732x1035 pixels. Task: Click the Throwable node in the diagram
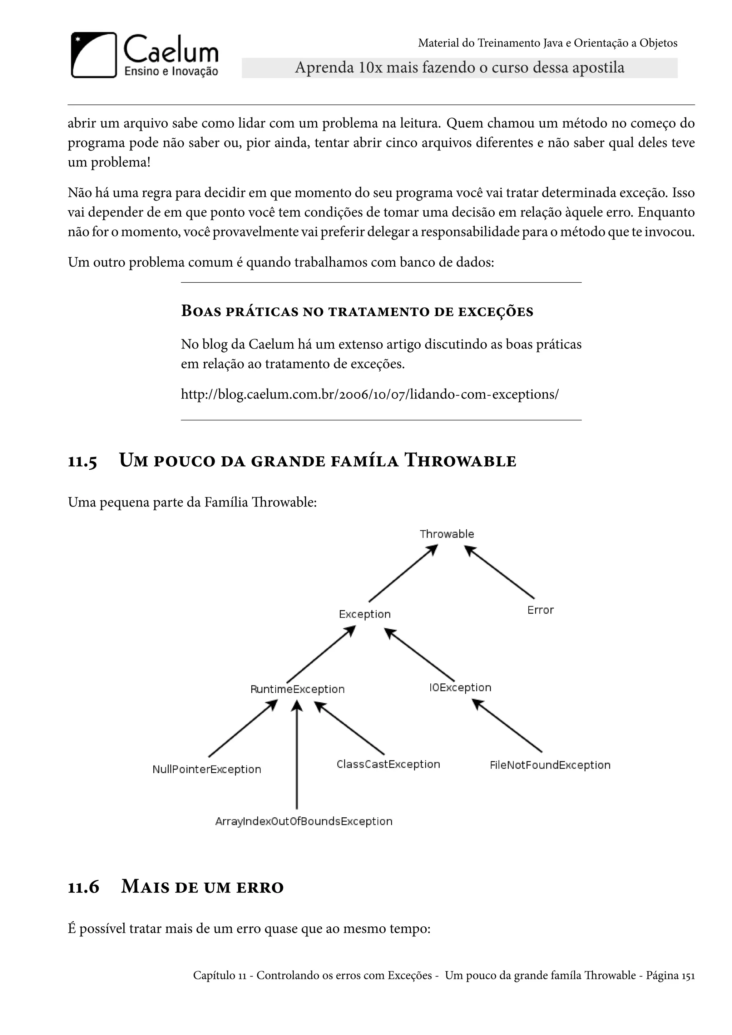[447, 534]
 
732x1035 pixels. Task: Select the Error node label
[540, 610]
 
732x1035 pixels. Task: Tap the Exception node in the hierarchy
[365, 614]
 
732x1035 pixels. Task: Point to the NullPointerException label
[207, 769]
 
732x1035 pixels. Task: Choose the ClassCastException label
[388, 764]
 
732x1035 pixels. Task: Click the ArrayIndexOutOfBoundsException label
[304, 821]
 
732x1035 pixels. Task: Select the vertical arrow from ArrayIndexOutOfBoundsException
[297, 757]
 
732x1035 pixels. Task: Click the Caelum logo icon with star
[94, 55]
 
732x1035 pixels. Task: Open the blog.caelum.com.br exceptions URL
[370, 395]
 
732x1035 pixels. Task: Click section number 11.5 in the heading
[83, 462]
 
